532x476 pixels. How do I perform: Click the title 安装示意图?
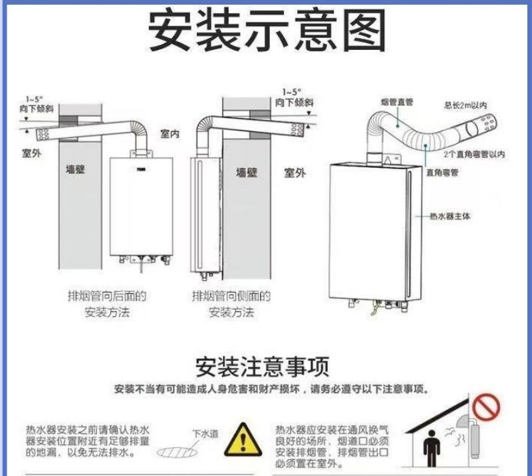266,32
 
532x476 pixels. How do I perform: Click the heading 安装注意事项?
262,366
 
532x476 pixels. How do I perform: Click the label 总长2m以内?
465,105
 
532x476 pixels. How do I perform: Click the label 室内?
170,134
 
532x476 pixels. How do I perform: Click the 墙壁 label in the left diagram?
76,169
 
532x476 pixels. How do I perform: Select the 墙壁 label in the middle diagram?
247,172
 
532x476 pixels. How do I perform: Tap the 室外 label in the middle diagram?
295,172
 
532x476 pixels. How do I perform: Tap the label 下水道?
205,433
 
